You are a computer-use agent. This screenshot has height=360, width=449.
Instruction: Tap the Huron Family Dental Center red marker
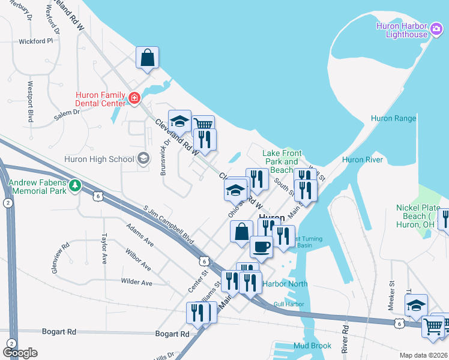[x=134, y=98]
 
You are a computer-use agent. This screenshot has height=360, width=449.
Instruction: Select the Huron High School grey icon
[x=143, y=158]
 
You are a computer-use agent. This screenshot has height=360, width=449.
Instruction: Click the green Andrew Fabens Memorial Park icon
[x=75, y=185]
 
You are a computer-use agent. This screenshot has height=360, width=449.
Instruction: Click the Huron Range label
[x=393, y=118]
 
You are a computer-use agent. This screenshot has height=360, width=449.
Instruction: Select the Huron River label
[x=362, y=160]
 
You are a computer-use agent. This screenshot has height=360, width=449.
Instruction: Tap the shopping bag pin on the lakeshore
[x=147, y=58]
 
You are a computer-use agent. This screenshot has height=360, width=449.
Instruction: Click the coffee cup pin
[x=261, y=247]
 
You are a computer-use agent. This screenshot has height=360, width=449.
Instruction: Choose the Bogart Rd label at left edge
[x=59, y=331]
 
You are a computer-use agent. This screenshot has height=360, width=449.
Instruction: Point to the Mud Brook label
[x=313, y=346]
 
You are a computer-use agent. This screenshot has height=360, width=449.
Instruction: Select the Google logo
[x=20, y=352]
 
